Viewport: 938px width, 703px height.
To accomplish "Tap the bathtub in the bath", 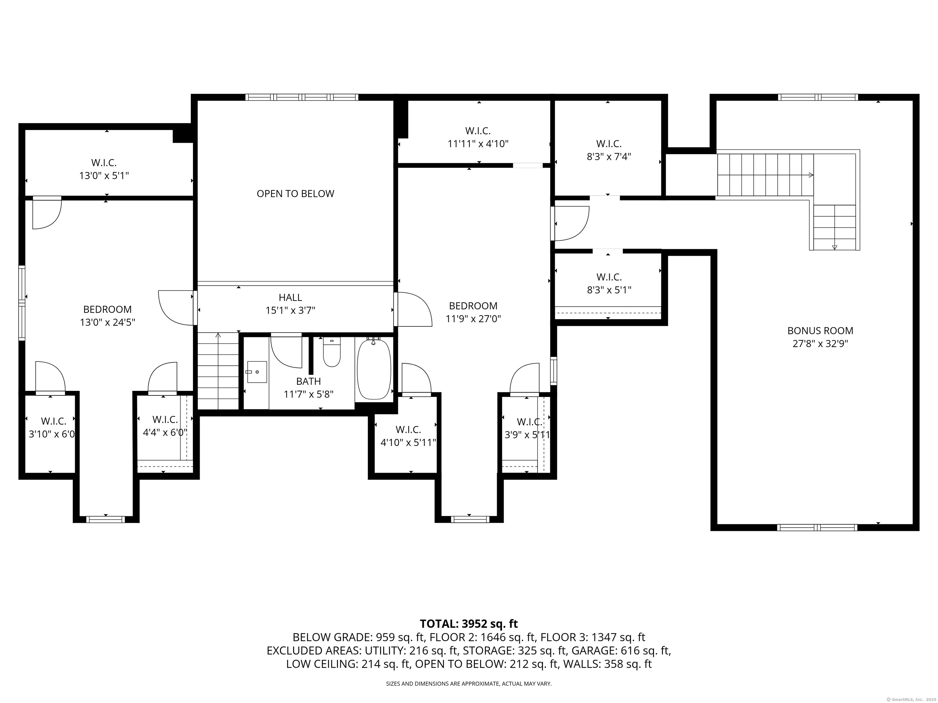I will (x=374, y=370).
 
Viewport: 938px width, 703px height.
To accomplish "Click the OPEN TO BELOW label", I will (x=295, y=194).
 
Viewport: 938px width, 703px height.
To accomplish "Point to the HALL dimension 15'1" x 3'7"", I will (x=290, y=311).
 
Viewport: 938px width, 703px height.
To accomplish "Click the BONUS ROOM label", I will (x=820, y=330).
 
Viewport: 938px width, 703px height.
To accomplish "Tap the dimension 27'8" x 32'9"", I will (x=820, y=344).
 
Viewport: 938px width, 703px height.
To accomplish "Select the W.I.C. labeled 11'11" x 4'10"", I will (x=478, y=137).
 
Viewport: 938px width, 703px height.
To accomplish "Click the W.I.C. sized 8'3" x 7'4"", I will (x=609, y=150).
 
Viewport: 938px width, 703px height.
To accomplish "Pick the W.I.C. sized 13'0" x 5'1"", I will (x=104, y=169).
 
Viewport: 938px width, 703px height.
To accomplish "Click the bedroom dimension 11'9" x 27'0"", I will (x=473, y=319).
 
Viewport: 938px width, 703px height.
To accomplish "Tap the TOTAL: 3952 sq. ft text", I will (x=469, y=624).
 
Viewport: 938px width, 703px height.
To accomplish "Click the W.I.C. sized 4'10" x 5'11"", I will (x=408, y=436).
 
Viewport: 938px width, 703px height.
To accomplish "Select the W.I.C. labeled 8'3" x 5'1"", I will (x=609, y=283).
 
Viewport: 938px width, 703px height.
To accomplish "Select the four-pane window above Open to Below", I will (x=302, y=97).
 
